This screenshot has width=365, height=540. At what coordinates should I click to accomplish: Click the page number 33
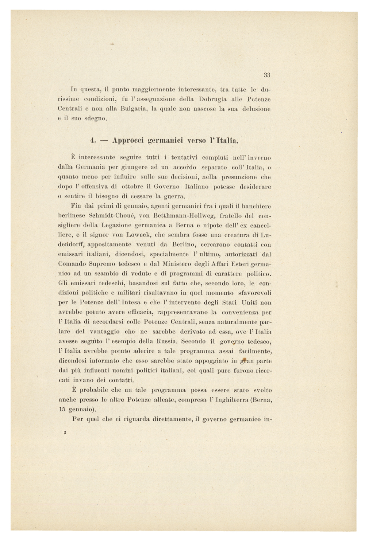(267, 75)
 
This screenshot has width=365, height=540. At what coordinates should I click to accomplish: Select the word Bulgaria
(130, 109)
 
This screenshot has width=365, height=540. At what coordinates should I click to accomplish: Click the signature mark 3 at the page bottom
(64, 433)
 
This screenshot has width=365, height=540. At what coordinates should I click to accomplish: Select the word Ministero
(178, 264)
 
